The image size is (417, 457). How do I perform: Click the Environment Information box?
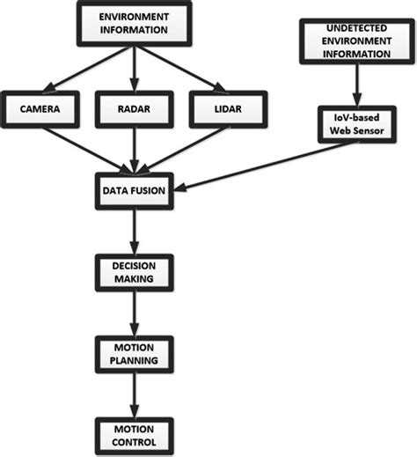pos(134,24)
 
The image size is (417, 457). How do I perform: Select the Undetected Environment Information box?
pos(357,41)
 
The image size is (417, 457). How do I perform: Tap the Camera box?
pos(40,109)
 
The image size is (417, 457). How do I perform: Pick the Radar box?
pos(135,109)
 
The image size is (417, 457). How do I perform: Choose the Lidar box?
pos(228,109)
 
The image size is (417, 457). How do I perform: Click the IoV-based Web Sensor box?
pos(357,124)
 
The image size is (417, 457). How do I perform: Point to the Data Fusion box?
pos(135,191)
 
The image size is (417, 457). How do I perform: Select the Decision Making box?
pos(135,273)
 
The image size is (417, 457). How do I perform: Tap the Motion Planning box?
pos(135,355)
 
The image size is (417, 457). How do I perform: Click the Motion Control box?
pos(135,436)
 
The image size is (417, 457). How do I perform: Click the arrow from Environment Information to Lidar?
pos(181,69)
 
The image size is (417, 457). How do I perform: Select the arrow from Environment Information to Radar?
pos(135,69)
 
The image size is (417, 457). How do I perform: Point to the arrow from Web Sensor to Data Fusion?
pos(267,166)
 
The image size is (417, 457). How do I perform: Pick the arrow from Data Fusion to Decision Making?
pos(135,232)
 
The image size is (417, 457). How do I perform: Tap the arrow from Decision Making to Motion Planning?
pos(135,313)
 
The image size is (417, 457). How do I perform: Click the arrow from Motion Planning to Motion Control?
pos(135,395)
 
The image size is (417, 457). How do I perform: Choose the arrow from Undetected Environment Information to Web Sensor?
pos(357,85)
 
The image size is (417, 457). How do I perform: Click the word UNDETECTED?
pos(357,28)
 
